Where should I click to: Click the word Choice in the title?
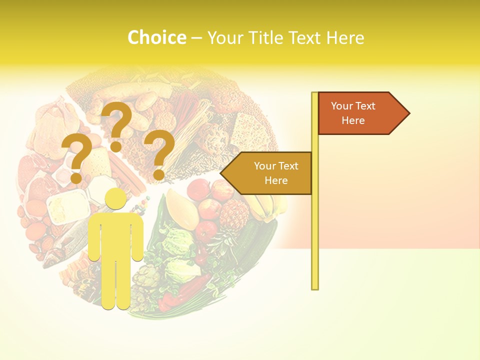point(156,37)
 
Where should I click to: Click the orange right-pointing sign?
point(360,113)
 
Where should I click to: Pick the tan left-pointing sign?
point(270,173)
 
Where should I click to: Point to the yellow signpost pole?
point(314,225)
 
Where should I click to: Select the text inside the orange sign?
point(353,113)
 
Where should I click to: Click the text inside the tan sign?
point(276,173)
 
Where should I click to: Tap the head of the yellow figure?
point(115,199)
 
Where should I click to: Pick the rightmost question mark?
point(159,154)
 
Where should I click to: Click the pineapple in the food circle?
point(233,215)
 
